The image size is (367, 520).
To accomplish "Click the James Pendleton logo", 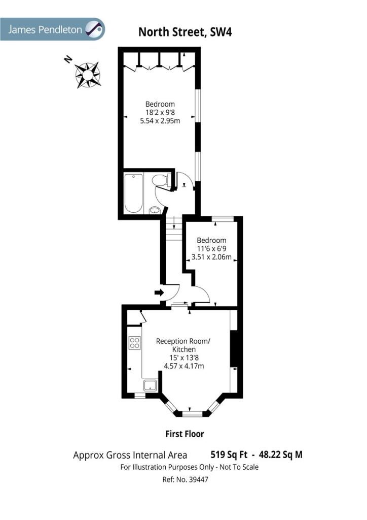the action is pos(52,29).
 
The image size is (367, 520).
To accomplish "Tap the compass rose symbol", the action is pos(88,75).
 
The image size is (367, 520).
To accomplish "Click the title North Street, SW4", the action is pos(185,32).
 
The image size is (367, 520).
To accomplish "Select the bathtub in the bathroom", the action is pos(134,193).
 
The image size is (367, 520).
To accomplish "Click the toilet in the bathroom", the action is pos(161,180).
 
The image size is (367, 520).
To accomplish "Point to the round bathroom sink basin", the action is pos(155,210).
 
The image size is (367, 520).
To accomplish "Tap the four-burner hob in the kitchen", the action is pos(135,343).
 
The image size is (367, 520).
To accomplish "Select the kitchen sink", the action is pos(151,385).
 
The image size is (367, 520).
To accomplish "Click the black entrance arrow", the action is pos(159,292).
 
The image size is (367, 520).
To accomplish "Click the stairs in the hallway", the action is pos(174,228).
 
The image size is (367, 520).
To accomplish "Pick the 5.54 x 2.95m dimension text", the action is pos(160,121).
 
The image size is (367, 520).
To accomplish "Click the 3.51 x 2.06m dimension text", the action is pos(211,256).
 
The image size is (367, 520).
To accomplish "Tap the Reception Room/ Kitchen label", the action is pos(183,345).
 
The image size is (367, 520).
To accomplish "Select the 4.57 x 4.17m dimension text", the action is pos(184,366).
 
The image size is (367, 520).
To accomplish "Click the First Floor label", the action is pos(185,434).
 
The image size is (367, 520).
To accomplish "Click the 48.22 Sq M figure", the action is pos(281,454).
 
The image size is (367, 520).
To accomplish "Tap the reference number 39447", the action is pos(198,479).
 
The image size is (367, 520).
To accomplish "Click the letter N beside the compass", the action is pos(68,59).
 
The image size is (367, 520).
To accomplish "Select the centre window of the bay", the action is pos(192,413).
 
